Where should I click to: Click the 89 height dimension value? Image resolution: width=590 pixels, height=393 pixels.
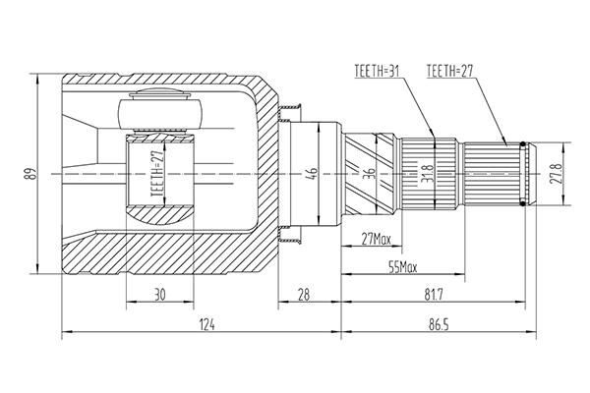[x=32, y=174]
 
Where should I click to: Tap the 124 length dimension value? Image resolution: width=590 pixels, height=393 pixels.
[x=206, y=324]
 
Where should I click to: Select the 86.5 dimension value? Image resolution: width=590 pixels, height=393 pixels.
[x=439, y=324]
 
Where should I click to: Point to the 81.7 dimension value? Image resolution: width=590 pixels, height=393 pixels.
[x=434, y=295]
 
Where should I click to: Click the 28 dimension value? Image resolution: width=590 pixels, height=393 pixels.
[x=303, y=295]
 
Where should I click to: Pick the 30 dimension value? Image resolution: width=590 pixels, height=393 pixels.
[x=159, y=295]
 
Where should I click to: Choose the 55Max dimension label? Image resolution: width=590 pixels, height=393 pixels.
[x=402, y=267]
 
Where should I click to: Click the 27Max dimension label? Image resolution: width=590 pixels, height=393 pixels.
[x=377, y=239]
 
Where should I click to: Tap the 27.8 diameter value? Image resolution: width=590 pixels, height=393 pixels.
[x=556, y=174]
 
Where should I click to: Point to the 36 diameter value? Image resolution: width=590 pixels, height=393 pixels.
[x=370, y=173]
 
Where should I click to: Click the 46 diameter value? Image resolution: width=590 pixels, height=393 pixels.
[x=313, y=173]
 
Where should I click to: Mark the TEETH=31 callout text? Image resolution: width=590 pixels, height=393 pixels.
[x=377, y=71]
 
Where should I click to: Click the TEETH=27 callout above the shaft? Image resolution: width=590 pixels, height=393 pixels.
[x=449, y=71]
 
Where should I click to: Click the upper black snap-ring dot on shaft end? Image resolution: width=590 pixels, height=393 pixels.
[x=523, y=143]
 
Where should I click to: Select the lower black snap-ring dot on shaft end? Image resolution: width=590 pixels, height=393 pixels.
[x=523, y=203]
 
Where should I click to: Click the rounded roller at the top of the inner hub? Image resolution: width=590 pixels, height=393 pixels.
[x=160, y=112]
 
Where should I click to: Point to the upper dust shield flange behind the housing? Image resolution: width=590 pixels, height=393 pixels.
[x=289, y=113]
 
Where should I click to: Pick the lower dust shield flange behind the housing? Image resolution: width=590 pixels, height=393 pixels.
[x=289, y=235]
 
